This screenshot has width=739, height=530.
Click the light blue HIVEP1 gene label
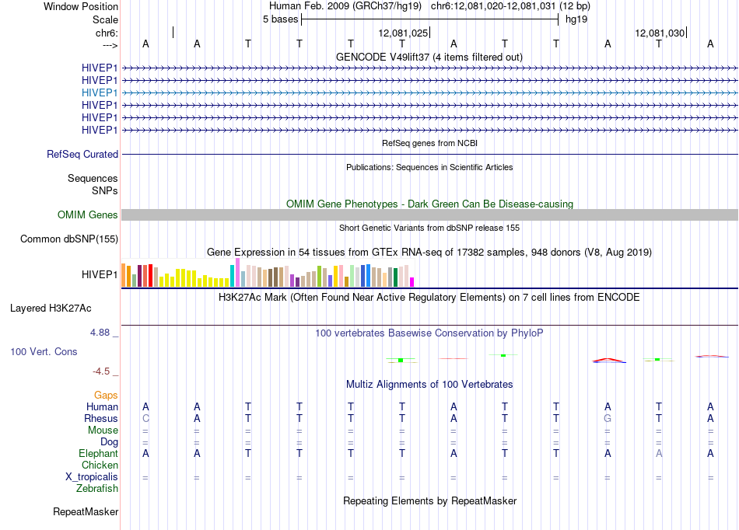(x=100, y=92)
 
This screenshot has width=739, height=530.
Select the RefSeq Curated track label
(x=82, y=155)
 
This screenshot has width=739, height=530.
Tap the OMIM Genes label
(x=88, y=215)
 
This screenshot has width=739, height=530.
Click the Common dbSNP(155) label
(x=69, y=239)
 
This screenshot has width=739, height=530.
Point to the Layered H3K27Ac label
(x=51, y=309)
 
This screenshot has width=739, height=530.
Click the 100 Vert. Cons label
(x=44, y=351)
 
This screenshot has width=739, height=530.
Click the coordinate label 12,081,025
(x=403, y=33)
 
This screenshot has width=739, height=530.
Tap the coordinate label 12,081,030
(x=660, y=33)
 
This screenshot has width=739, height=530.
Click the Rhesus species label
(x=101, y=418)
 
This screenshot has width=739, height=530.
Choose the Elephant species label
(x=99, y=453)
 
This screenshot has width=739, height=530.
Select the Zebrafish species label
(x=97, y=489)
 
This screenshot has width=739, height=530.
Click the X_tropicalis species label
(x=92, y=477)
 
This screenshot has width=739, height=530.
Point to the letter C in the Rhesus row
(x=145, y=418)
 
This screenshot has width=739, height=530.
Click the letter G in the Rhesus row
(x=608, y=418)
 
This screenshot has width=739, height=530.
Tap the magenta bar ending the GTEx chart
(x=412, y=282)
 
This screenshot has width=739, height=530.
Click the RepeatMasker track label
(x=86, y=511)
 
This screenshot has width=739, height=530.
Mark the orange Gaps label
(x=106, y=396)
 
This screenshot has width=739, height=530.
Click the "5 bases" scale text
(x=280, y=19)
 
